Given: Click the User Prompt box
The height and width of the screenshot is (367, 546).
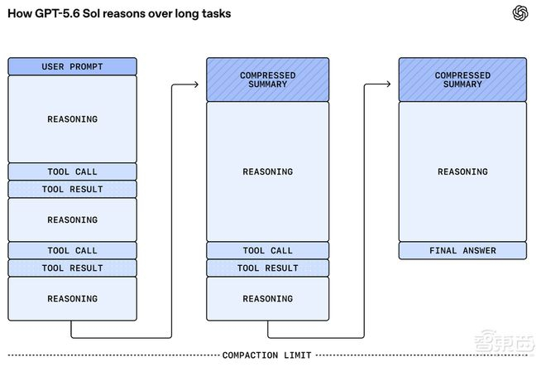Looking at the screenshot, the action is [73, 66].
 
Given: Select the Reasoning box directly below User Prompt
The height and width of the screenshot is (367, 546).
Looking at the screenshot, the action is [73, 119].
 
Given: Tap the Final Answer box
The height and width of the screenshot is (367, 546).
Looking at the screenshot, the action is [462, 250].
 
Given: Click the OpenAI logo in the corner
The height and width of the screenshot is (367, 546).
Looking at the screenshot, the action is [520, 13].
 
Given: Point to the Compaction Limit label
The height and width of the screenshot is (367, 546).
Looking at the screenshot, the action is [266, 355].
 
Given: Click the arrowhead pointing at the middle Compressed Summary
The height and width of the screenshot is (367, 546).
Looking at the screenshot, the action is [196, 84].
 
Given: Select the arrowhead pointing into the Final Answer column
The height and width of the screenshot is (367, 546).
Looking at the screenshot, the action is [388, 84].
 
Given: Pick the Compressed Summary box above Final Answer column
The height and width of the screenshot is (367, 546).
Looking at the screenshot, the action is [462, 80].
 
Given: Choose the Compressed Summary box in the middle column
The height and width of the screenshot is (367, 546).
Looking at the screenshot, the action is [267, 80].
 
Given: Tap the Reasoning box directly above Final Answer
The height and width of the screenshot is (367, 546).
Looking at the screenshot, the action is [462, 171].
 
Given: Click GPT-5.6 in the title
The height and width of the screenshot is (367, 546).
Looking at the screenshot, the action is [57, 13].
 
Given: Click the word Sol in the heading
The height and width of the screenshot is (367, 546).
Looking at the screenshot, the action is [91, 13].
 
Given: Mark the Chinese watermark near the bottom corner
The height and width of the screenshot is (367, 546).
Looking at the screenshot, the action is [504, 340].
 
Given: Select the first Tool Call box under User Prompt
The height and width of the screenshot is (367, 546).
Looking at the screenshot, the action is [73, 171].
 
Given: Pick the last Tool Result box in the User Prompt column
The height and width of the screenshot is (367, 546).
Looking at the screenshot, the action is [73, 268].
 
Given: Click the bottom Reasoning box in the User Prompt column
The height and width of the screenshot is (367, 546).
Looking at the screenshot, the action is [73, 298].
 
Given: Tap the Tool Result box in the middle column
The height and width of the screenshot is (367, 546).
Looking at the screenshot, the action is [267, 268].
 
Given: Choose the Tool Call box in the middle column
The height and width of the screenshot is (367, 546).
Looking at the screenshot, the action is [267, 250].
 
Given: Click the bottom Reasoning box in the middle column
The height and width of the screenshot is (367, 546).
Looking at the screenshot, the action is [267, 298].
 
